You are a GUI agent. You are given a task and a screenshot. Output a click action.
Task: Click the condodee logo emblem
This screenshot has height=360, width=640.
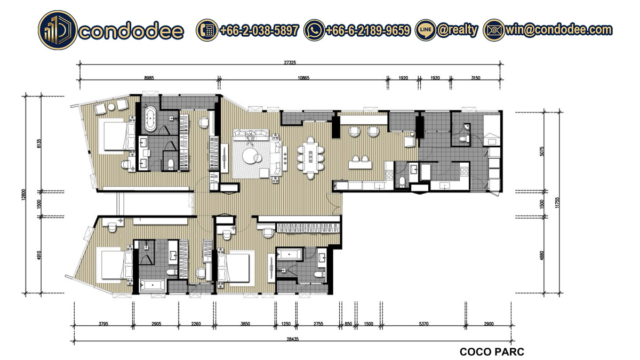pos(58,30)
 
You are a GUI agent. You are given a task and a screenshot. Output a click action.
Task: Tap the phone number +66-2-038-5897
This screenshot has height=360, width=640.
pos(259,30)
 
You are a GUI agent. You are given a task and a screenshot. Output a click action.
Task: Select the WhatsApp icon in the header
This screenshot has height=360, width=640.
pos(314,30)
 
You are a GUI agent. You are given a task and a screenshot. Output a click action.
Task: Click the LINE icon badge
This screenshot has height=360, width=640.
pos(426,30)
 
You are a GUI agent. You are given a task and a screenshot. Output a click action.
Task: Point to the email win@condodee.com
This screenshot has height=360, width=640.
pos(558,30)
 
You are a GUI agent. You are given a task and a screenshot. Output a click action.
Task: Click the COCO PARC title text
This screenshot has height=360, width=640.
pos(492,351)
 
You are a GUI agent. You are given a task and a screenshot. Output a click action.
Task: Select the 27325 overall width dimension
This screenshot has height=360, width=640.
pos(290,62)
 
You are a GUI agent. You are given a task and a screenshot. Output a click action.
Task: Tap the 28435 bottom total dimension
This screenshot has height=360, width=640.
pos(293,339)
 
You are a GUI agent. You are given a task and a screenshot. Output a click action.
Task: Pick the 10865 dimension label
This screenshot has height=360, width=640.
pos(303,78)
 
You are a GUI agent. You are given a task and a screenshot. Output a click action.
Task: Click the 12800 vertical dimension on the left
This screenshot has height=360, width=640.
pos(23,194)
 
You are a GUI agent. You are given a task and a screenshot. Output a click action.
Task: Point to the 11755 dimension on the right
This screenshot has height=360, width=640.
pos(557,203)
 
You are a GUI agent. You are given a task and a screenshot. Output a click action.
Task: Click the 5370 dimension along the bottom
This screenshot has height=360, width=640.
pos(423,324)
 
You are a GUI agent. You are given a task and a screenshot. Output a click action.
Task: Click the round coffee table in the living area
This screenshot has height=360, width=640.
pos(250,156)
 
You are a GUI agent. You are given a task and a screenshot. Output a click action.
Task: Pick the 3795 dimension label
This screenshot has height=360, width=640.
pos(103,324)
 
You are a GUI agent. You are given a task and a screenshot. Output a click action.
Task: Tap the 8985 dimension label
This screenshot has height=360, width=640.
pos(149,78)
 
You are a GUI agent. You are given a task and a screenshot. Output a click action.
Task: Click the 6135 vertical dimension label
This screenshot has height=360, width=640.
pos(39,143)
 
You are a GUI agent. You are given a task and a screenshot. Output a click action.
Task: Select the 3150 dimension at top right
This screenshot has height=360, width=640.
pos(475,78)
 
